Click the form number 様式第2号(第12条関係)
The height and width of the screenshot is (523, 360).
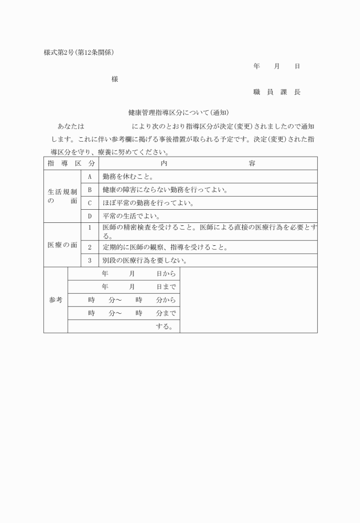click(79, 53)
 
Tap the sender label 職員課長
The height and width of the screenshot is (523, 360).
click(277, 92)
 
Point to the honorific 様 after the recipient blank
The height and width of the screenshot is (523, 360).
click(115, 79)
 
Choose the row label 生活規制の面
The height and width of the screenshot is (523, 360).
click(62, 197)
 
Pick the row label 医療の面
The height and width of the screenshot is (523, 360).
click(62, 245)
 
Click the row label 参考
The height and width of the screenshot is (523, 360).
click(55, 300)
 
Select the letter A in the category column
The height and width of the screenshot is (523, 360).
click(90, 177)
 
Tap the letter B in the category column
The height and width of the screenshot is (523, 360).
click(90, 190)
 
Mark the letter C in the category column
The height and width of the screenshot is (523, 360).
click(90, 203)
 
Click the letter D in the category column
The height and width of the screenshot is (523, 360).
click(90, 216)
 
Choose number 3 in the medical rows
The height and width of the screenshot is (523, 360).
click(90, 261)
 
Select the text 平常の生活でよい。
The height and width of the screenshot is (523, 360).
click(131, 216)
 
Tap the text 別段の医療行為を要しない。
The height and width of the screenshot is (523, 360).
click(145, 261)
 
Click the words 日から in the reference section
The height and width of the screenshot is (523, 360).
click(166, 274)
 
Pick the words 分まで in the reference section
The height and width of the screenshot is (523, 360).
click(166, 313)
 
